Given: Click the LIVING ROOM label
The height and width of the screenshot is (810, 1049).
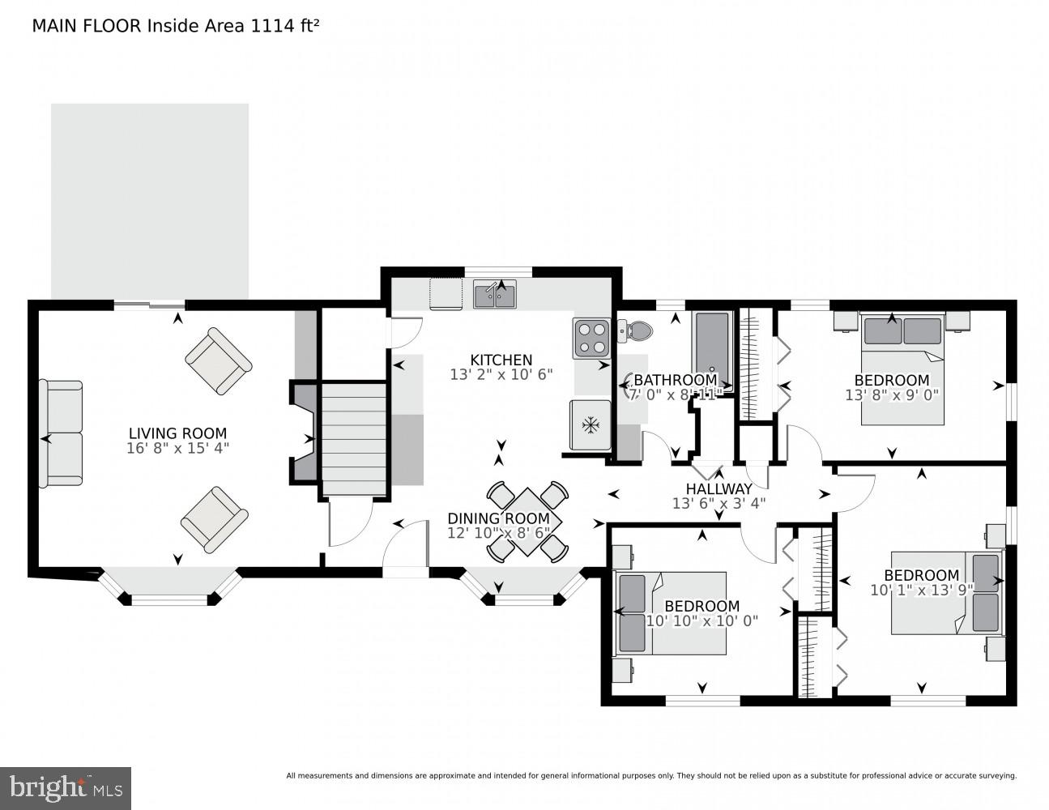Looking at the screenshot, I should (x=177, y=433).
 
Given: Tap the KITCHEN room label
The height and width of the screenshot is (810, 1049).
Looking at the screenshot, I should (x=501, y=360).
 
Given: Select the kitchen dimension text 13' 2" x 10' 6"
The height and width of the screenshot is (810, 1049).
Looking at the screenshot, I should (x=501, y=375).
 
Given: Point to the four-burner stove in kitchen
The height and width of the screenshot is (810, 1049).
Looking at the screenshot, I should (x=591, y=338).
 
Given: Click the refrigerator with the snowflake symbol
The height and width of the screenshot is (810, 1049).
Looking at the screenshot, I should (x=591, y=424).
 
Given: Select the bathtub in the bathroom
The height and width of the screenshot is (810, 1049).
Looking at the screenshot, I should (x=713, y=348).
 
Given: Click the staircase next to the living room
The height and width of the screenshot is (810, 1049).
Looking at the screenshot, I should (x=354, y=438).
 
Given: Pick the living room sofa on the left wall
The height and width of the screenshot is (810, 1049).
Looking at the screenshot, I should (x=62, y=433).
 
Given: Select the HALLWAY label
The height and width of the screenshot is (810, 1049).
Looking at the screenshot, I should (x=719, y=489).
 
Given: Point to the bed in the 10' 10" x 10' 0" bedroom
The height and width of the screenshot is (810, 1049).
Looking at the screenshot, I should (x=672, y=613).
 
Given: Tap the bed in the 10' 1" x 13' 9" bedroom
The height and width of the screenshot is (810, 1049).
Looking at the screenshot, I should (x=946, y=593).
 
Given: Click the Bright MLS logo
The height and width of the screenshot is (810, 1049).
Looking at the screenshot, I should (x=66, y=787).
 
